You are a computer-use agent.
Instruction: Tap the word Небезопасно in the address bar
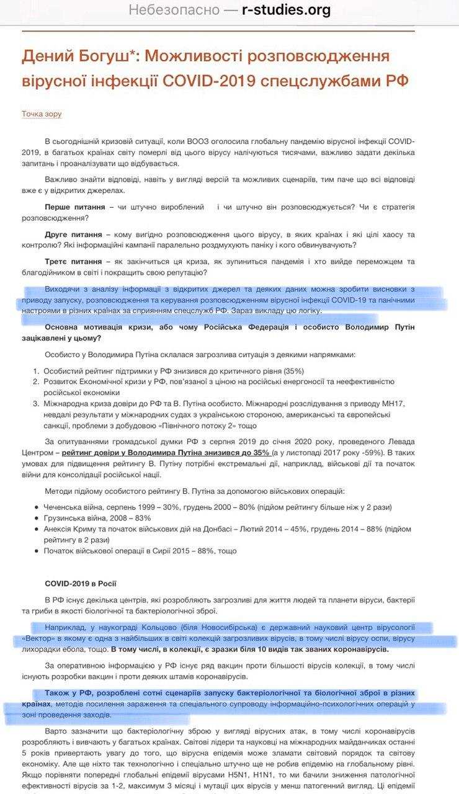174,11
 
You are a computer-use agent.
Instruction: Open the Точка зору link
42,114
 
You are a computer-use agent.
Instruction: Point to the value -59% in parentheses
374,452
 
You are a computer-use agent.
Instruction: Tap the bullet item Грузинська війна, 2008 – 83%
97,518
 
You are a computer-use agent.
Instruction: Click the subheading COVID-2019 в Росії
81,584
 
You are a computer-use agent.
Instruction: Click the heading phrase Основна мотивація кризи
103,327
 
